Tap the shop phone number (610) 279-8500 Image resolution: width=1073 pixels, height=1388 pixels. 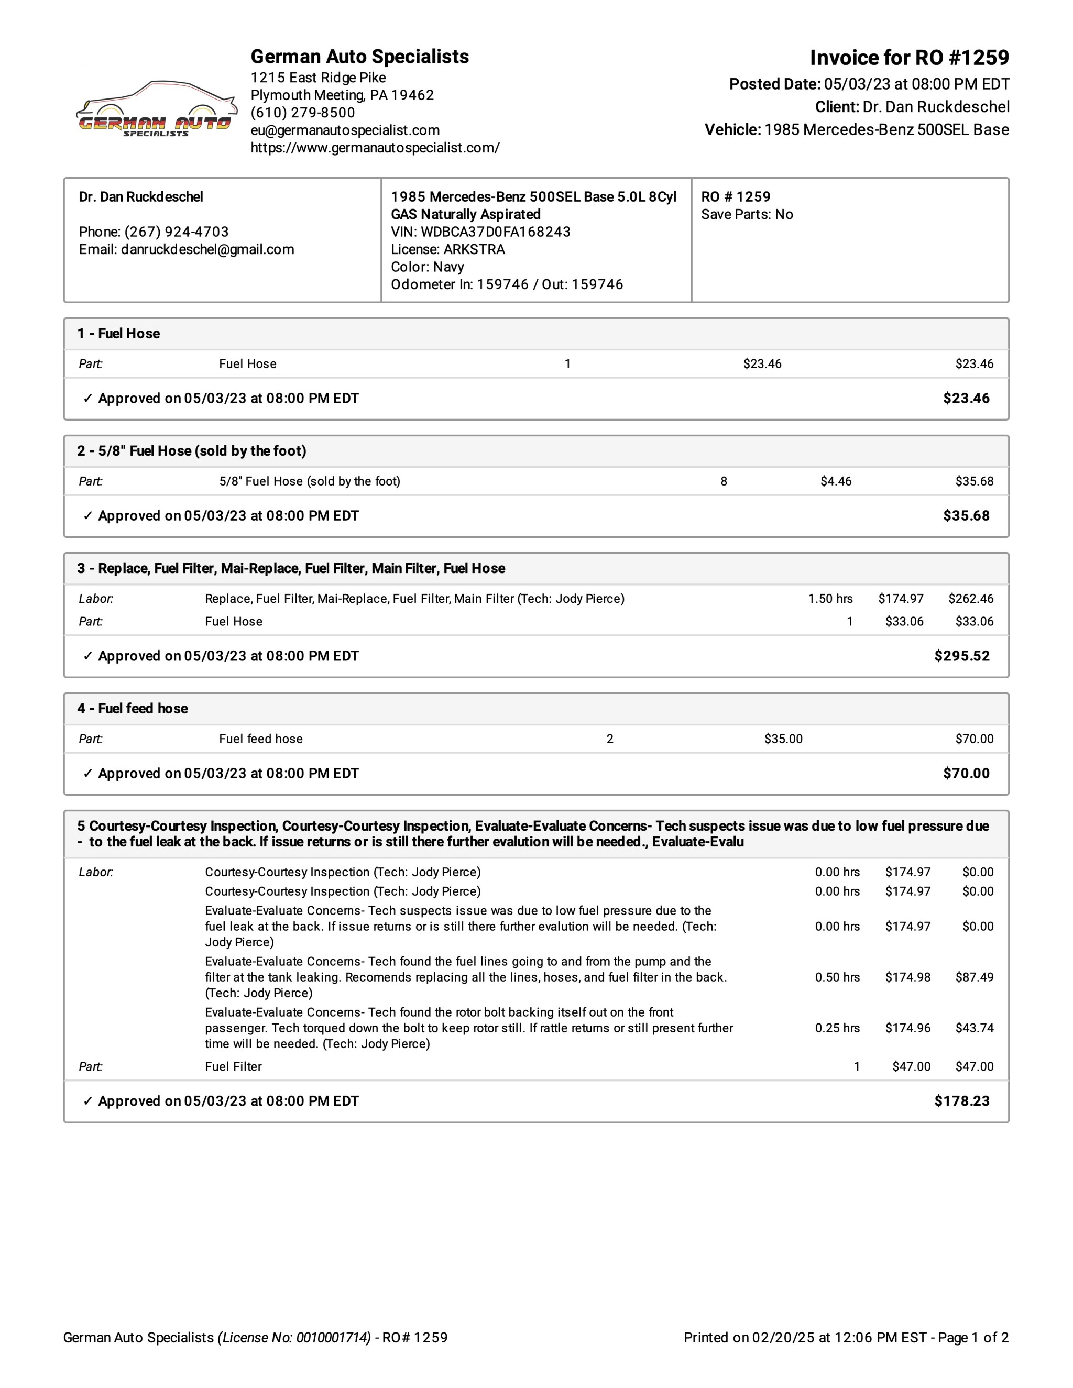pos(303,113)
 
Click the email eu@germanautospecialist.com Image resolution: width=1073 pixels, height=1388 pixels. pos(345,130)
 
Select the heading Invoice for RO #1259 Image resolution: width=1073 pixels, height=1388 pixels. pos(909,58)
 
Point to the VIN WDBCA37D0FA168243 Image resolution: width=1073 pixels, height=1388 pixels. pos(495,232)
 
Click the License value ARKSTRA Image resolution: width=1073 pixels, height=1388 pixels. pos(474,249)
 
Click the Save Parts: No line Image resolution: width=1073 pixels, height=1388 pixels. pos(747,214)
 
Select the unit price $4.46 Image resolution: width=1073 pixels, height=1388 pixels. pos(835,481)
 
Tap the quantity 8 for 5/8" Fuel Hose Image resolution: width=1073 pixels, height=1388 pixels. pos(724,481)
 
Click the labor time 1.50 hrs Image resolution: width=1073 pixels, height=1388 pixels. pos(830,599)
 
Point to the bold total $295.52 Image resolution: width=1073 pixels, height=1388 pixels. pos(962,656)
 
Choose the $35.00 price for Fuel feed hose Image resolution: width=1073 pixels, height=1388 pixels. pos(783,739)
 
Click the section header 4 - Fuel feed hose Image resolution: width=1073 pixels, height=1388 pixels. pos(133,709)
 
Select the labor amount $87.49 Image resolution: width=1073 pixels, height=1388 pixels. pos(974,977)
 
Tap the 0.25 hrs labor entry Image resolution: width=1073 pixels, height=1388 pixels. pos(837,1028)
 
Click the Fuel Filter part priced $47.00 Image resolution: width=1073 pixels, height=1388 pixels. pos(233,1066)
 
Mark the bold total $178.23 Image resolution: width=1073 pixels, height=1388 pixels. pos(962,1101)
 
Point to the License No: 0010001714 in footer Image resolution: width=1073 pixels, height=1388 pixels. pos(294,1338)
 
